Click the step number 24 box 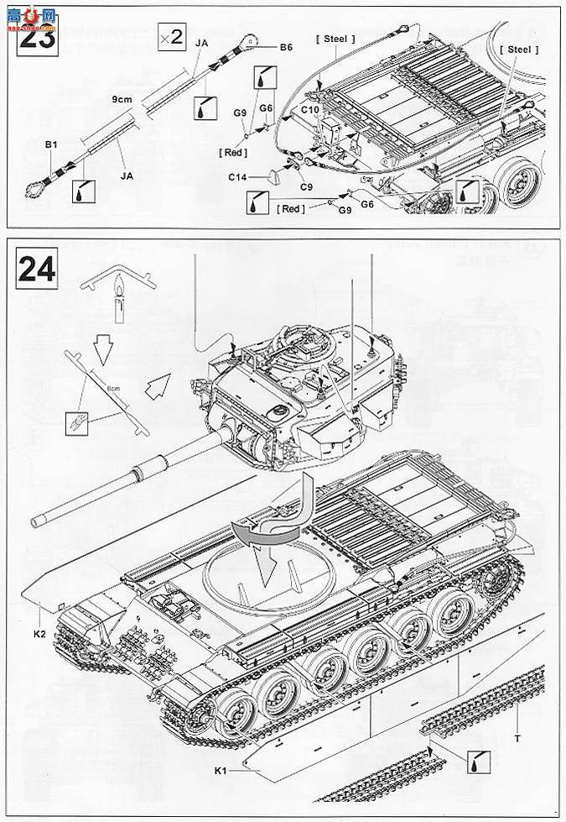[37, 269]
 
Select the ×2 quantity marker [171, 37]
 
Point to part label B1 [50, 145]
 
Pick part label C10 [309, 108]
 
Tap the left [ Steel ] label [335, 39]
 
